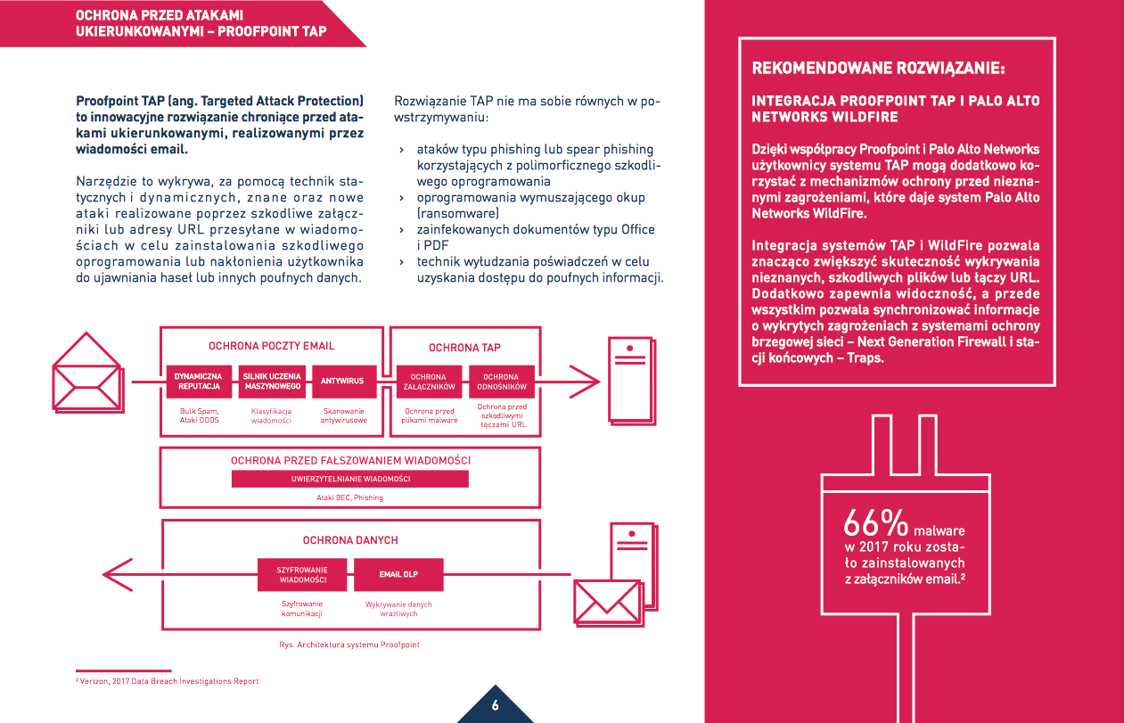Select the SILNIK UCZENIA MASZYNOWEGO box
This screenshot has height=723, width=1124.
273,382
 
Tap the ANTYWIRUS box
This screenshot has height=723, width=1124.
343,382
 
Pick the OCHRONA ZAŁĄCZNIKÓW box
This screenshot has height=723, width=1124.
428,382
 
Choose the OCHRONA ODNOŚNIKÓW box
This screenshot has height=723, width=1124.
501,382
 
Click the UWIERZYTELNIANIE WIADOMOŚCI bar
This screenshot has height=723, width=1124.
350,479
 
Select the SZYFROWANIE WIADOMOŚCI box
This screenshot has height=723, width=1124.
302,575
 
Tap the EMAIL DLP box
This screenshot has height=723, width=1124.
398,575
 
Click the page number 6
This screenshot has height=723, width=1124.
495,706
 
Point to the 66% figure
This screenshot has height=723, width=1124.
876,522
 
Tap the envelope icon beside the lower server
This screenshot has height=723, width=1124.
609,596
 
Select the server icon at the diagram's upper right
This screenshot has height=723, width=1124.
629,381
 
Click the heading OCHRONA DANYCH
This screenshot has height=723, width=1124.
350,540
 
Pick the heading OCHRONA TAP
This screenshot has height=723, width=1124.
464,348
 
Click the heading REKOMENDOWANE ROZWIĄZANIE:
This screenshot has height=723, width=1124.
878,68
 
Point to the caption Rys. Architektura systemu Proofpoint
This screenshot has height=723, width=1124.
349,644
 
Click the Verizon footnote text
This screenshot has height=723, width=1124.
168,681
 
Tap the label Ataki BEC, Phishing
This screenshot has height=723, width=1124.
349,497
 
